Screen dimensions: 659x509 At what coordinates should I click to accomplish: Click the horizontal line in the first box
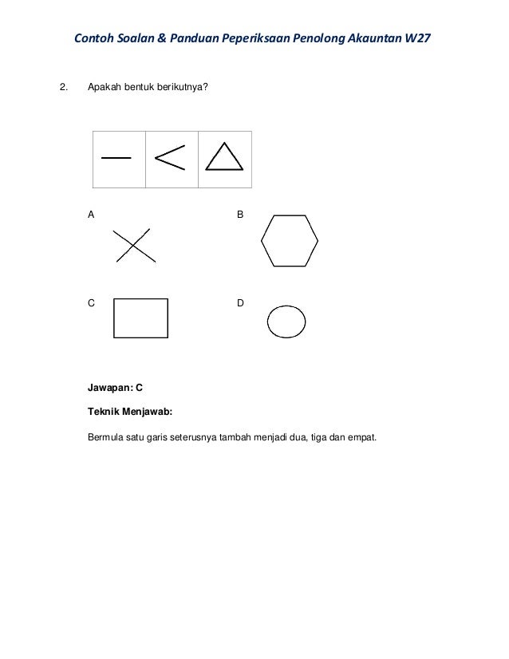(116, 158)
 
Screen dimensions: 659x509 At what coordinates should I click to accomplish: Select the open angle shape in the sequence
(168, 158)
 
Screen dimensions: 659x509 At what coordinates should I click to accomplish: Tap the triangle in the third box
(223, 156)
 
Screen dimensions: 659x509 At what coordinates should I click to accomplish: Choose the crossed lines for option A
(134, 246)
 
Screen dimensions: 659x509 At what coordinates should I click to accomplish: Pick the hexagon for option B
(290, 240)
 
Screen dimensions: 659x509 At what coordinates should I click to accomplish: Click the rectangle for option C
(141, 318)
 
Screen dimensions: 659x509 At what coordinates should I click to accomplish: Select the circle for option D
(286, 322)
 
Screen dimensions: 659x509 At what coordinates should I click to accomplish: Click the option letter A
(91, 215)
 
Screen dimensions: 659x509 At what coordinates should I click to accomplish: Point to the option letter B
(241, 215)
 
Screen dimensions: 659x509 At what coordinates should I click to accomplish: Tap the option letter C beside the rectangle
(91, 304)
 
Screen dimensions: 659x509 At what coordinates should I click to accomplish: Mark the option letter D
(241, 304)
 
